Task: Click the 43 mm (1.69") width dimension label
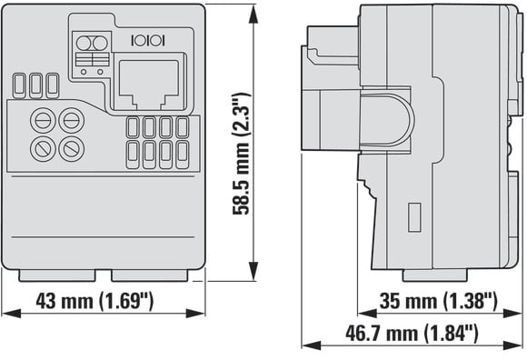point(94,301)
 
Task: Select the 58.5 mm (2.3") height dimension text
point(242,154)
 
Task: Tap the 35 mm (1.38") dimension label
point(438,301)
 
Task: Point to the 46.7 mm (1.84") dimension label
point(412,333)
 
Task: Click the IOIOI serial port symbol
point(148,41)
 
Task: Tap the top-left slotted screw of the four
point(43,120)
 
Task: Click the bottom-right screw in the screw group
point(71,148)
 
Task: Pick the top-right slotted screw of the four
point(71,120)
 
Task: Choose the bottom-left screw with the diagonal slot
point(43,148)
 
